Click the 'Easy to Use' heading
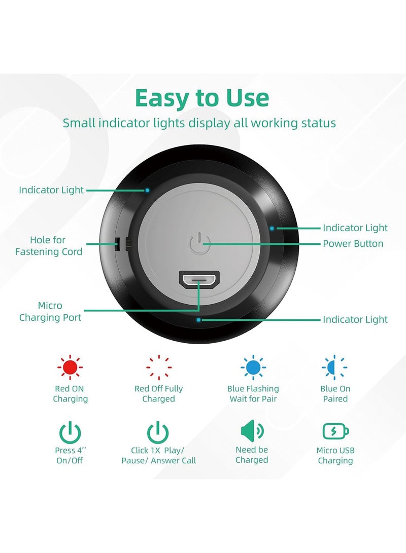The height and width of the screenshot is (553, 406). (202, 98)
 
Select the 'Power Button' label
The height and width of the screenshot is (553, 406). (353, 244)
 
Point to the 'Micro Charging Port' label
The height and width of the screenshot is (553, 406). (50, 311)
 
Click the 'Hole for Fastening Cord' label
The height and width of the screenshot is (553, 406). (48, 246)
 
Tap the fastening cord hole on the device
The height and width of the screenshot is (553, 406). (117, 244)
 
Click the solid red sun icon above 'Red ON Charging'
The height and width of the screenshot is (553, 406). (70, 367)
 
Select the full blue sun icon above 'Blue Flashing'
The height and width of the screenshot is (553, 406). (253, 367)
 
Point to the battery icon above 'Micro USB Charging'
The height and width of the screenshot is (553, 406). (335, 431)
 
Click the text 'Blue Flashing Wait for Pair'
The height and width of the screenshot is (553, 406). (253, 394)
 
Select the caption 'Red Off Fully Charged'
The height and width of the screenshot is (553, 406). (158, 394)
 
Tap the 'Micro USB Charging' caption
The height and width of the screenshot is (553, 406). (335, 455)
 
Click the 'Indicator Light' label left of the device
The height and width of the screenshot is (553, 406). (51, 190)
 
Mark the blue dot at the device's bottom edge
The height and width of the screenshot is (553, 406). (199, 320)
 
